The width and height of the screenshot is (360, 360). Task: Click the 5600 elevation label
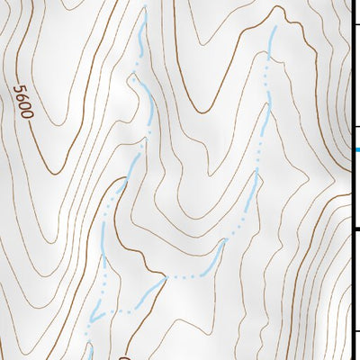tap(23, 103)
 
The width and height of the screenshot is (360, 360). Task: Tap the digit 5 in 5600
tap(20, 90)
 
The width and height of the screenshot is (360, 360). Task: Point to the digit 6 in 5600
tap(22, 98)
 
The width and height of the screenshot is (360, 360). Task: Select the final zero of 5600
tap(27, 115)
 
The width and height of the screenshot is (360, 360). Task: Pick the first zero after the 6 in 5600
tap(24, 107)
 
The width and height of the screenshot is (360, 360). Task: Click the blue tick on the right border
tap(356, 150)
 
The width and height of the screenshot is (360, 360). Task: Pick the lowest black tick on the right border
tap(356, 332)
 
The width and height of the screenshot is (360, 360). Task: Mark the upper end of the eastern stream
tap(273, 29)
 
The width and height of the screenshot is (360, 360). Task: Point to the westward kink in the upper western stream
tap(132, 78)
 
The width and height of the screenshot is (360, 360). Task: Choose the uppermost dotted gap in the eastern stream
tap(267, 67)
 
